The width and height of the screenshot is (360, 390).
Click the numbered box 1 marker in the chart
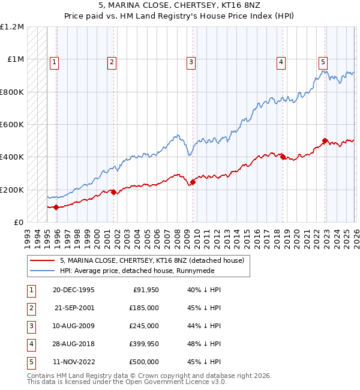[55, 61]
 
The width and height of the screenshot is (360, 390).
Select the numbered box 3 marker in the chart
[191, 61]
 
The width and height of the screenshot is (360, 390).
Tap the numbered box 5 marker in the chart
[323, 61]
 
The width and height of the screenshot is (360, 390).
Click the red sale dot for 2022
[325, 142]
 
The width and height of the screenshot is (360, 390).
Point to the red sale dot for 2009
[193, 182]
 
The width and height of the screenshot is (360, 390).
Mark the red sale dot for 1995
[56, 207]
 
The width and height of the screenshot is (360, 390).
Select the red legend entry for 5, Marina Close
[151, 261]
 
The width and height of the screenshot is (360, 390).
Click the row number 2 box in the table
[31, 308]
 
